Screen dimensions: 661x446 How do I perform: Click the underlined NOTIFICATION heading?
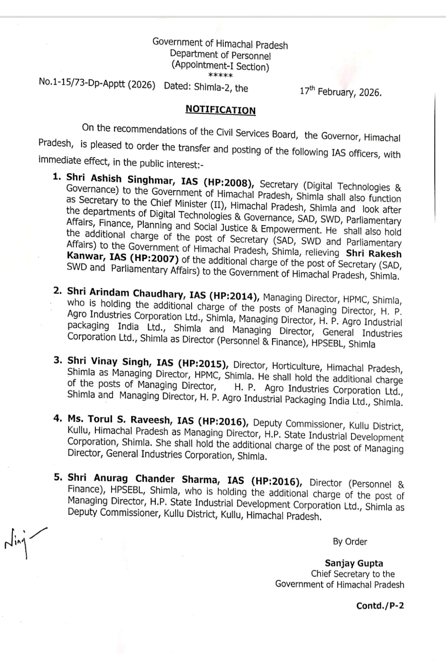pos(221,110)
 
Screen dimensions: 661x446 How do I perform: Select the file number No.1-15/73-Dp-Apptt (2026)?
pos(97,84)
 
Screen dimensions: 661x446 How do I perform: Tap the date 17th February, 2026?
pos(340,91)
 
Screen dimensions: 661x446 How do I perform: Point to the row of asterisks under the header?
pos(221,76)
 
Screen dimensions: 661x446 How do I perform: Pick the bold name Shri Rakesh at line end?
pos(373,253)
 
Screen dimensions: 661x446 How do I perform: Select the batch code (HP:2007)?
pos(154,259)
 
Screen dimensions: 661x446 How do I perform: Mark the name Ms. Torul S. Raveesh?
pos(119,420)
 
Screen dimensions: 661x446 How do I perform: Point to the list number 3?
pos(58,360)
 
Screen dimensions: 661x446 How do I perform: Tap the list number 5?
pos(58,477)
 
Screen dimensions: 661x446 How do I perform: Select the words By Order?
pos(350,542)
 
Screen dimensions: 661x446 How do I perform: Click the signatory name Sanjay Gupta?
pos(354,563)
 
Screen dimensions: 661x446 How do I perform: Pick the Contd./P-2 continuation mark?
pos(380,606)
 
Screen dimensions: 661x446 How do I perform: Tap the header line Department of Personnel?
pos(221,55)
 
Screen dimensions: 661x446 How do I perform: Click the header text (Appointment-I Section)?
pos(221,66)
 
